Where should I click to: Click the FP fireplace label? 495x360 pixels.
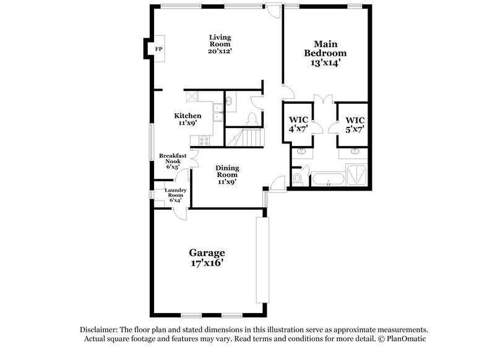tap(158, 49)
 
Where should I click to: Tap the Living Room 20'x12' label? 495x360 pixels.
tap(220, 44)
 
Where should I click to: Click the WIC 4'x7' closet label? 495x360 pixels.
tap(298, 124)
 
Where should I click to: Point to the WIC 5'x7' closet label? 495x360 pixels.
tap(355, 124)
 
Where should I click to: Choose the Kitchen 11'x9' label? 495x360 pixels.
tap(187, 119)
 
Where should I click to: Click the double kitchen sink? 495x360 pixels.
tap(218, 111)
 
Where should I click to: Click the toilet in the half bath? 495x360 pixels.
tap(252, 118)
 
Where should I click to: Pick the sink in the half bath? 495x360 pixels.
tap(229, 100)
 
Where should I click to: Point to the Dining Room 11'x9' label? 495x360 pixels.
tap(226, 174)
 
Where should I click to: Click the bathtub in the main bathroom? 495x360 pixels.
tap(328, 179)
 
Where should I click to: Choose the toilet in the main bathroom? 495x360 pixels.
tap(298, 179)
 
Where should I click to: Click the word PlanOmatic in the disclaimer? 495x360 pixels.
tap(403, 340)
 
